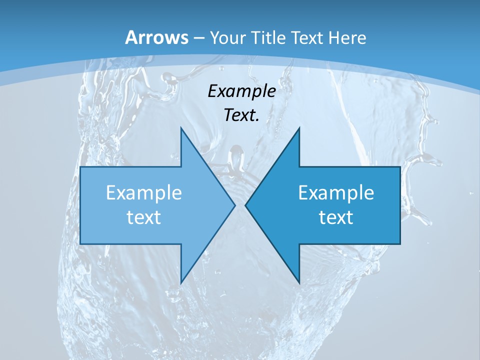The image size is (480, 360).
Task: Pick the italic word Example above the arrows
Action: point(241,91)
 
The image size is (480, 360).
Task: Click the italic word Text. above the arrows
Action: point(241,115)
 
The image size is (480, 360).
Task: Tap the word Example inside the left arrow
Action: point(144,193)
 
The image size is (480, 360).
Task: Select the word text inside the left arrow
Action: point(144,217)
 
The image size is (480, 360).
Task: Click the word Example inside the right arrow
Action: point(336,193)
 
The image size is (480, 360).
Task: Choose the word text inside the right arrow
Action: point(336,217)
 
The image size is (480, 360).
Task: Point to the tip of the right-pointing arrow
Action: point(235,205)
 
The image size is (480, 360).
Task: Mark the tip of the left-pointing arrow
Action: point(245,205)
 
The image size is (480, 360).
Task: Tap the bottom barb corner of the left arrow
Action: point(181,282)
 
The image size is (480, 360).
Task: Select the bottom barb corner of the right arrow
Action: point(299,282)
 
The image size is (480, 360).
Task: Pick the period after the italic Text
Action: point(257,120)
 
